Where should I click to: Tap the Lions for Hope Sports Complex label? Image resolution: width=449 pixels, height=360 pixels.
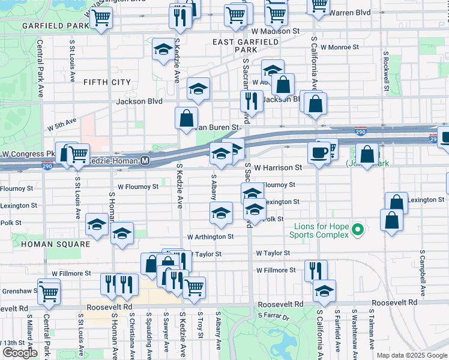(x=322, y=231)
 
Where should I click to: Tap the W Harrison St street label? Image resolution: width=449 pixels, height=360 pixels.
(x=278, y=168)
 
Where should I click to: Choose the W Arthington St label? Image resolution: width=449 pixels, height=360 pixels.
(x=210, y=237)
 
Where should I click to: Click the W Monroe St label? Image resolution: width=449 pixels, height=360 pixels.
(x=340, y=47)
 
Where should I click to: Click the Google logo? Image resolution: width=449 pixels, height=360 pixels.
(x=20, y=353)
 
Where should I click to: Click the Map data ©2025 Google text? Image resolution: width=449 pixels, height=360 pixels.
(x=411, y=355)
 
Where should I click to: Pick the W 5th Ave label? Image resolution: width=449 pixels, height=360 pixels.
(x=62, y=125)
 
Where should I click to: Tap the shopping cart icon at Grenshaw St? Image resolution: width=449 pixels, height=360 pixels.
(x=49, y=293)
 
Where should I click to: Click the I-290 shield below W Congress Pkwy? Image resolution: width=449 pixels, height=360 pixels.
(x=47, y=166)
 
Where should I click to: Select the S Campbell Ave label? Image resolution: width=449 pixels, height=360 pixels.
(x=423, y=277)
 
